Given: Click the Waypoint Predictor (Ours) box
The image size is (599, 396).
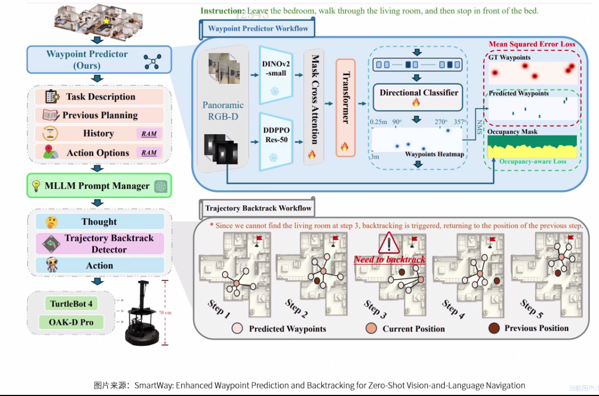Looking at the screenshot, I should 99,60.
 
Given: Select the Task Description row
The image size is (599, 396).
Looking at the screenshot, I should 100,97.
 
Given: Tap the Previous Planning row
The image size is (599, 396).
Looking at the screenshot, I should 100,115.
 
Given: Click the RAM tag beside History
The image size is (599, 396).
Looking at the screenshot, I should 149,134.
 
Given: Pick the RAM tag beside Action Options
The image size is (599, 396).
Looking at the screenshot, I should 149,153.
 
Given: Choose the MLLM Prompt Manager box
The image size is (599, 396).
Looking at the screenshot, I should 99,186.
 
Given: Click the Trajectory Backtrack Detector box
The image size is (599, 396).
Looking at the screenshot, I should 100,244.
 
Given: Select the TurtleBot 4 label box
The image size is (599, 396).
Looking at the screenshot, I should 71,303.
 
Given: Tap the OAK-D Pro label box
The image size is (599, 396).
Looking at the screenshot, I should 71,322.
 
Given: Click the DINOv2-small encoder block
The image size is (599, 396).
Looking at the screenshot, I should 275,75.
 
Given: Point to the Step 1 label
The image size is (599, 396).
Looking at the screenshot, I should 219,308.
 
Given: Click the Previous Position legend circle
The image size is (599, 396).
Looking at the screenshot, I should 493,328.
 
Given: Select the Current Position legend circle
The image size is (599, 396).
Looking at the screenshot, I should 371,328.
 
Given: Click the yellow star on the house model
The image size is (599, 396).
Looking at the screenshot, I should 106,21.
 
